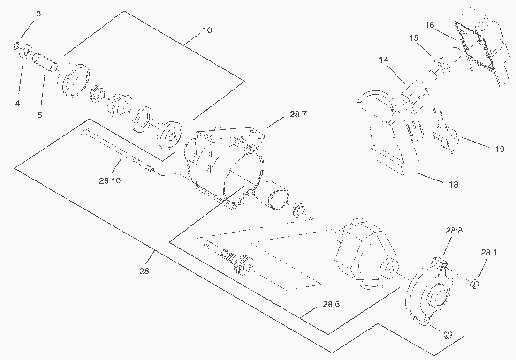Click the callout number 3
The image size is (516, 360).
tap(38, 14)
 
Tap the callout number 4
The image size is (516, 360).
tap(17, 103)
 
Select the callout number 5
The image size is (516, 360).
tap(39, 115)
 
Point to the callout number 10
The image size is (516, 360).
tap(207, 31)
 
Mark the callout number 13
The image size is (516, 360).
tap(454, 184)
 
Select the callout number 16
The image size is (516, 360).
tap(430, 25)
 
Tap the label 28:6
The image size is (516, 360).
tap(331, 304)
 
